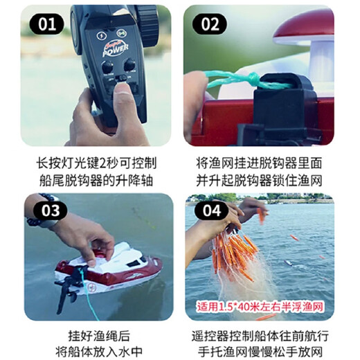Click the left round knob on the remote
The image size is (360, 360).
click(107, 67)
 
